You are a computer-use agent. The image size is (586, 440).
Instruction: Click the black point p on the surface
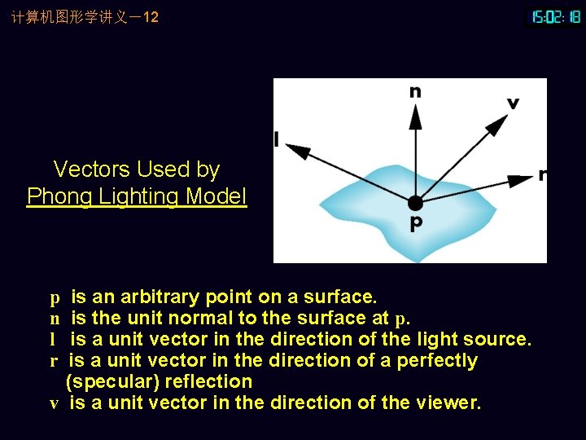click(415, 202)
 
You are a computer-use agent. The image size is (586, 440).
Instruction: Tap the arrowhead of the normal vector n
click(415, 116)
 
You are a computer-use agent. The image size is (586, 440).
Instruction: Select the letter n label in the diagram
click(415, 91)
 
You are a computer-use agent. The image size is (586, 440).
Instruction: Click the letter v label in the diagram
click(513, 103)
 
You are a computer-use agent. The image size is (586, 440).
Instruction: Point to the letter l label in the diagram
click(277, 140)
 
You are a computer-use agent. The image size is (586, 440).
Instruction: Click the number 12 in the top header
click(150, 16)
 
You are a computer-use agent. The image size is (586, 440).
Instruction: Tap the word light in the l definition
click(438, 339)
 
